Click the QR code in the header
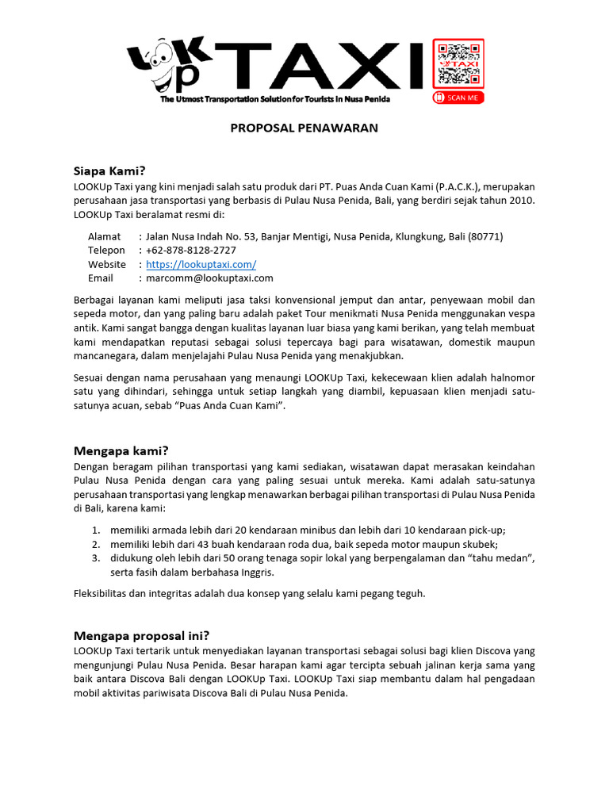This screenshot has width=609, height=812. click(458, 64)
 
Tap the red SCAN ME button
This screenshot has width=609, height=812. click(458, 98)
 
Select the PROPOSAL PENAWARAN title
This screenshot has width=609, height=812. click(304, 128)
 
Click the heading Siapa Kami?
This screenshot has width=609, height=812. click(109, 170)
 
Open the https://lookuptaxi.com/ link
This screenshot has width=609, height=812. click(201, 264)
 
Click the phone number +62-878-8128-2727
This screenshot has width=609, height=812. click(191, 251)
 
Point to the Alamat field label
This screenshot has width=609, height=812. click(104, 236)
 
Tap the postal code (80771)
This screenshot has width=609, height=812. click(485, 236)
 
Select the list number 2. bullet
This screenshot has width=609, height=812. click(95, 545)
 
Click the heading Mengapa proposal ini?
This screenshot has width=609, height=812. click(141, 635)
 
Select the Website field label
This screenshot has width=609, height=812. click(107, 264)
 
